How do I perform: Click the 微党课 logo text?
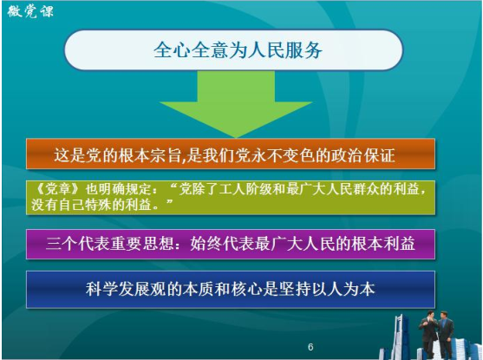click(30, 12)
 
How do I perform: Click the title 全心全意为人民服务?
click(238, 50)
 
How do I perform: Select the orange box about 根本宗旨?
click(231, 154)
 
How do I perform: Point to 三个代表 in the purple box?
click(78, 244)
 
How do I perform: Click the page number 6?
click(310, 347)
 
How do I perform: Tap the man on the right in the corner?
click(446, 335)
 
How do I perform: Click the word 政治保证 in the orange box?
click(362, 155)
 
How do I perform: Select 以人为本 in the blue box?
click(343, 289)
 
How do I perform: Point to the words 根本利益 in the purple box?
click(382, 244)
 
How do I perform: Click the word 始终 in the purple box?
click(206, 244)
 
